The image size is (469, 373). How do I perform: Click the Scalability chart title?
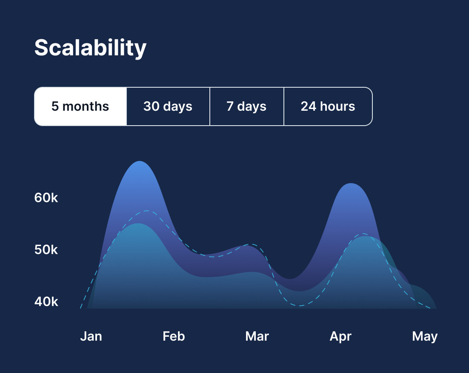[90, 48]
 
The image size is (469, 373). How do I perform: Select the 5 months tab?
[80, 106]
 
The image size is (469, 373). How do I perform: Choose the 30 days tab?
[168, 106]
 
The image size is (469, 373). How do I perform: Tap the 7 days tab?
[246, 106]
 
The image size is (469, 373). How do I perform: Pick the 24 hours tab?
[328, 106]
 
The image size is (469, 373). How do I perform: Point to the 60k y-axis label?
[46, 198]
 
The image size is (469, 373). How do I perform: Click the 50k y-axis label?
[46, 250]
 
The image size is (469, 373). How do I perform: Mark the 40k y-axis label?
[46, 302]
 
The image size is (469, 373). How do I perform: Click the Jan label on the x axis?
[91, 336]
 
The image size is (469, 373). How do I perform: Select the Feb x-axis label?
[174, 336]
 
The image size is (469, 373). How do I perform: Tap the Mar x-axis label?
[257, 336]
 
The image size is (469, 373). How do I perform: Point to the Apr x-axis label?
[340, 336]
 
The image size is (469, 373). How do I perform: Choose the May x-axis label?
[425, 336]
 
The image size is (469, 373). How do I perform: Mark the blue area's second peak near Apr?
[350, 184]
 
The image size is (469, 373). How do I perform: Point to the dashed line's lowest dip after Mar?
[300, 306]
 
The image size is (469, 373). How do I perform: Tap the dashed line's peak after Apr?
[364, 234]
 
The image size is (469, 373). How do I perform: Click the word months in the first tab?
[86, 106]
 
